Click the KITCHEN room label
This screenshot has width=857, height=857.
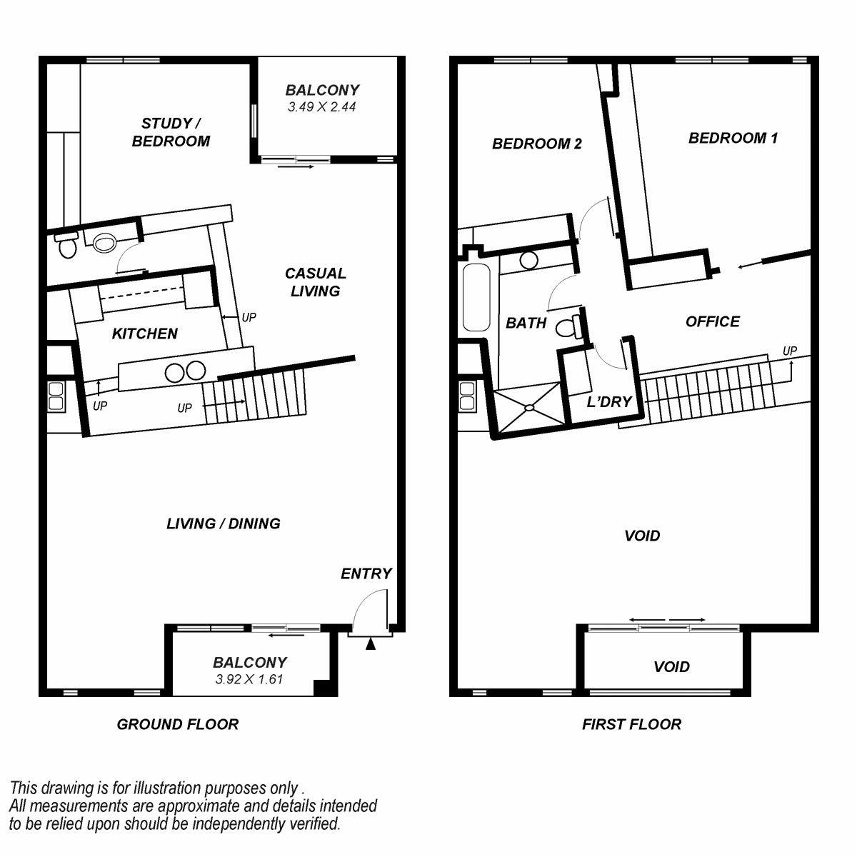click(x=144, y=334)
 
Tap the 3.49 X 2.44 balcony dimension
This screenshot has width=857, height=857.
click(x=321, y=106)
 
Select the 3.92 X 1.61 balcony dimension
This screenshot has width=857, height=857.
click(x=249, y=679)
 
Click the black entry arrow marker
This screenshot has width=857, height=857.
click(x=371, y=644)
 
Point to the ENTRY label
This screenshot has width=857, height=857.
click(x=366, y=573)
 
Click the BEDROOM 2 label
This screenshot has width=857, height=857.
click(x=537, y=144)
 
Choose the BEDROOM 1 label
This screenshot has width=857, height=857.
click(x=733, y=138)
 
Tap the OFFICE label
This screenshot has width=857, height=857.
click(x=713, y=321)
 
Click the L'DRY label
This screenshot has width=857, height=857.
click(x=609, y=402)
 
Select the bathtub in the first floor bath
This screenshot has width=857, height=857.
click(x=476, y=297)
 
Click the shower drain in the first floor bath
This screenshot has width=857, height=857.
click(x=529, y=407)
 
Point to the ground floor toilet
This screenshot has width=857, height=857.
click(x=67, y=246)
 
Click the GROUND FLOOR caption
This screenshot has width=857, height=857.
click(x=177, y=724)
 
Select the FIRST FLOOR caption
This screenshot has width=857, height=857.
click(x=631, y=724)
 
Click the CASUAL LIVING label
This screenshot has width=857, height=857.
click(x=316, y=282)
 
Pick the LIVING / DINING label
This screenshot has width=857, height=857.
click(x=224, y=523)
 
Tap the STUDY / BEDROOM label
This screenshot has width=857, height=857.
click(x=171, y=132)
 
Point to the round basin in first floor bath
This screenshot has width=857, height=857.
click(x=528, y=260)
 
